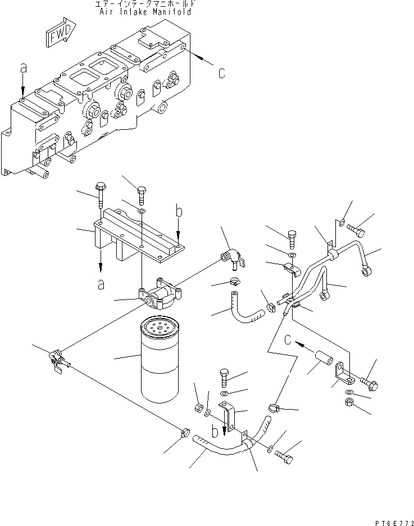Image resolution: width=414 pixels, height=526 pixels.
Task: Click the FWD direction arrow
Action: pos(58,36)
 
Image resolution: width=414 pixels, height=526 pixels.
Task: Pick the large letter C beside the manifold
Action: pos(222,73)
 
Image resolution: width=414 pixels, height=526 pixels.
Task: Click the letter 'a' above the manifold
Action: pos(23,67)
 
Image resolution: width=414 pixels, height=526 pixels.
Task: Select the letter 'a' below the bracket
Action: pos(101,284)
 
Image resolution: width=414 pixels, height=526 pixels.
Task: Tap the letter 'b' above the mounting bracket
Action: pos(178,212)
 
